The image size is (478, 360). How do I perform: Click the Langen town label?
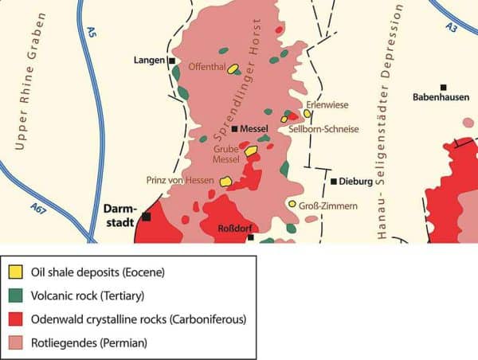coord(149,61)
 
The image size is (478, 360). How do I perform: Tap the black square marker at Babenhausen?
coord(443,87)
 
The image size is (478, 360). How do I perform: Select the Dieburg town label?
coord(355,182)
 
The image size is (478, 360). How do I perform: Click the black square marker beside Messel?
coord(234,128)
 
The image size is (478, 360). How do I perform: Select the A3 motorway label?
coord(452,28)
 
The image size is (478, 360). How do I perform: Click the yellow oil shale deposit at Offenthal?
coord(232,69)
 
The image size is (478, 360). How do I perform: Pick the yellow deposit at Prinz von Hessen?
coord(225,181)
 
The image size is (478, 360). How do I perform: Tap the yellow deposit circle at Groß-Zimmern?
coord(292,205)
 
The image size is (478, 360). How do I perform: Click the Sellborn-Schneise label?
coord(323,129)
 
